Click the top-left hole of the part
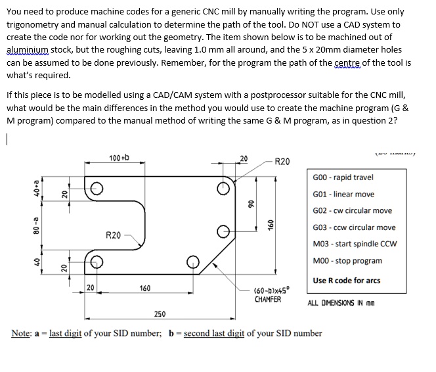pos(96,189)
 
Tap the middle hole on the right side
pos(225,231)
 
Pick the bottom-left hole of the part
pos(96,261)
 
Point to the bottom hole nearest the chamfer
pos(194,261)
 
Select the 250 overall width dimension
pos(160,314)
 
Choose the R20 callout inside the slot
pos(113,235)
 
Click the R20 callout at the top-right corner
pos(281,161)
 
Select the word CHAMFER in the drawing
pos(268,299)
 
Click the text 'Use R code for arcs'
pos(346,281)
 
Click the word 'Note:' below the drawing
pos(22,333)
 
